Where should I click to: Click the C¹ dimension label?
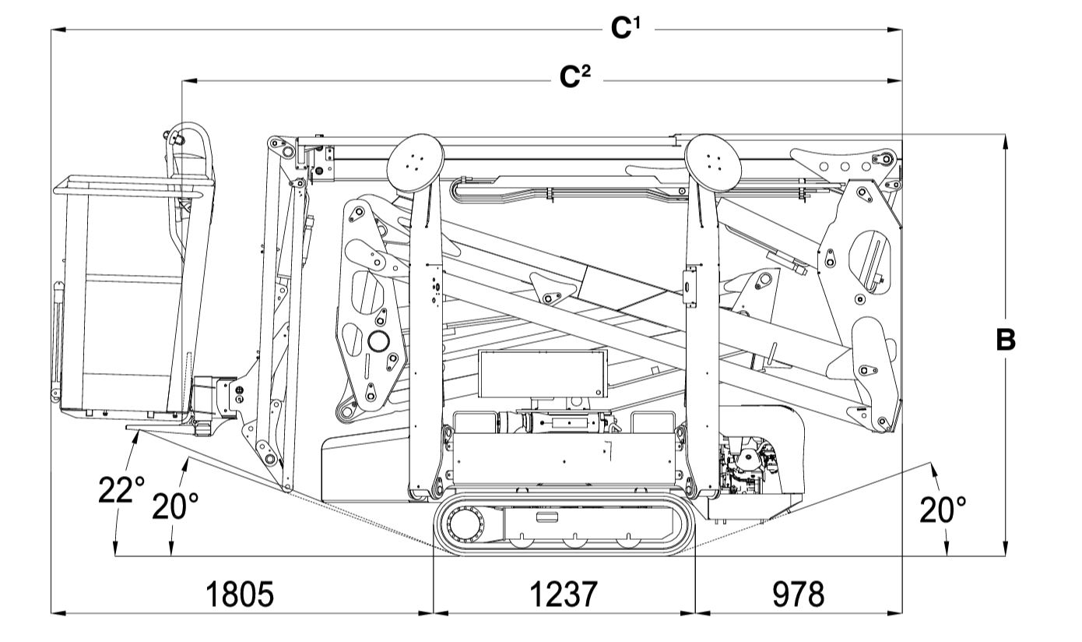click(x=626, y=28)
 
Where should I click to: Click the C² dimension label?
click(x=575, y=78)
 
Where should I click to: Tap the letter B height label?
click(x=1006, y=340)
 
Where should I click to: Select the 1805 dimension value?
click(x=240, y=594)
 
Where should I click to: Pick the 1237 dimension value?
click(x=564, y=594)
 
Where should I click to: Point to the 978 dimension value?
click(x=798, y=594)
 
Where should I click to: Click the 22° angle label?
click(x=121, y=491)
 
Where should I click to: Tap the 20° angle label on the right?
click(x=943, y=510)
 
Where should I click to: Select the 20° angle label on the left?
click(x=175, y=507)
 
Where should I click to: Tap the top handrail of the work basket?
click(x=132, y=185)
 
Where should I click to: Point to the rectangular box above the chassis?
click(x=542, y=374)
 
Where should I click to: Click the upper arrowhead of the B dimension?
click(x=1006, y=141)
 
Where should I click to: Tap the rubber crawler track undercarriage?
click(x=564, y=526)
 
